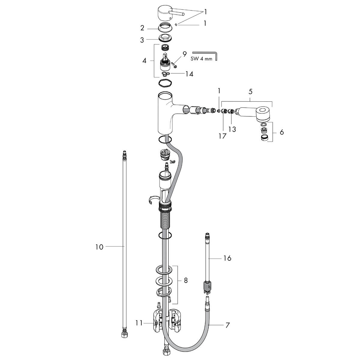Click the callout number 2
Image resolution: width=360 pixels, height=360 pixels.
pos(142,28)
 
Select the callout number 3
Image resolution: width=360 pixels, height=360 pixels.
pos(142,40)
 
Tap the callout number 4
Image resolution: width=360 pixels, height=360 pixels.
pos(144,60)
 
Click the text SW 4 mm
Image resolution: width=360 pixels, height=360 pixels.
pos(201,59)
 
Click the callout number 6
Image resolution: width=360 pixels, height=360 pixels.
pos(281,132)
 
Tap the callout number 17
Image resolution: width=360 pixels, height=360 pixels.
pos(222,136)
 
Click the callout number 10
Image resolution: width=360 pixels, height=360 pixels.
pos(99,247)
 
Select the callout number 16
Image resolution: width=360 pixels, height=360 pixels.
pos(227,258)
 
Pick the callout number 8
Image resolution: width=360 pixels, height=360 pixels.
pos(186,281)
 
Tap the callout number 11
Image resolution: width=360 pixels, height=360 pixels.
pos(138,323)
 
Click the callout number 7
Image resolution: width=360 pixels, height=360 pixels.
pos(227,325)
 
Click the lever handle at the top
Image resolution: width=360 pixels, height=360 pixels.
pos(166,13)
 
